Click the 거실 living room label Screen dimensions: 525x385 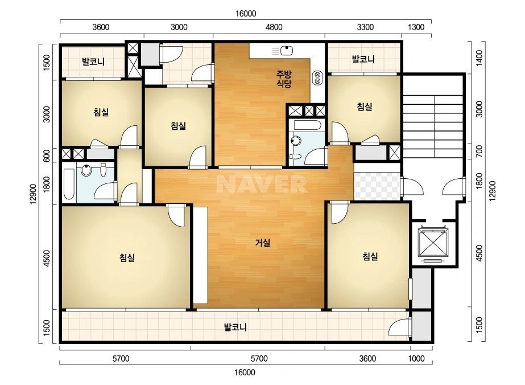263,243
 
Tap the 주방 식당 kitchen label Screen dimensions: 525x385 284,79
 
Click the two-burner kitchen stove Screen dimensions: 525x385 317,78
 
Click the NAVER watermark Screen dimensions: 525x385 262,184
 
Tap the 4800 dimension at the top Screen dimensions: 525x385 274,27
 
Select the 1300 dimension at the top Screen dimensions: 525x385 416,27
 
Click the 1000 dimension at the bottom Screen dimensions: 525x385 416,358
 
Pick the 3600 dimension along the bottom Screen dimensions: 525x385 367,358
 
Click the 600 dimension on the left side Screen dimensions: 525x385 47,155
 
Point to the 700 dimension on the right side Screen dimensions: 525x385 479,151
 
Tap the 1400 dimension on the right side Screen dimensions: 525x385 479,58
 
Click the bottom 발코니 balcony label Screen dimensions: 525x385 235,327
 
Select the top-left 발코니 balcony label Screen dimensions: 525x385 93,62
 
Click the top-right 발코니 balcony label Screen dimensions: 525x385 363,59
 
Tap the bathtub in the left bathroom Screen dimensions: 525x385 69,184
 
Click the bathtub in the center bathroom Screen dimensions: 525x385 307,125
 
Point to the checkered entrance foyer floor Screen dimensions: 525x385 377,186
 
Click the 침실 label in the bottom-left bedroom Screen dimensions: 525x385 127,257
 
